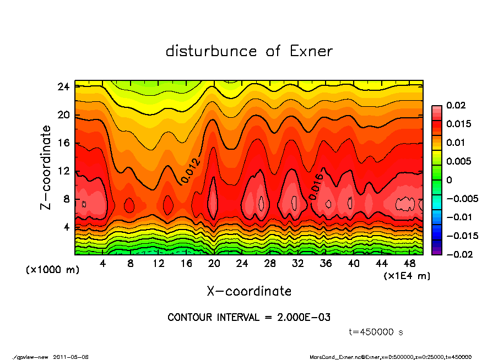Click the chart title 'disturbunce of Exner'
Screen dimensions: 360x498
coord(249,51)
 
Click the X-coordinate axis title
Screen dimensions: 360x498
coord(249,291)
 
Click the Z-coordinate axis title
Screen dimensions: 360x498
coord(46,168)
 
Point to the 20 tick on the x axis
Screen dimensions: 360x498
coord(214,264)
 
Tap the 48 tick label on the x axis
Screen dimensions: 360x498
coord(409,264)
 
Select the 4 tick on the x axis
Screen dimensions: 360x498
coord(102,264)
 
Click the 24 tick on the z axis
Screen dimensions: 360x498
coord(63,86)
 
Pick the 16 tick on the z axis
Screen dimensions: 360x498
coord(63,143)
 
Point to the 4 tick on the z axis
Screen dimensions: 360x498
coord(66,227)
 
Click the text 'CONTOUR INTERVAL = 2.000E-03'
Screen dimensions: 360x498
coord(249,318)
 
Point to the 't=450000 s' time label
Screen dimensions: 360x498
coord(376,332)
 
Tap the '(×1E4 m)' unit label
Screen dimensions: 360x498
coord(407,275)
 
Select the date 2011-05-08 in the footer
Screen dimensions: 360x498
coord(71,357)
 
